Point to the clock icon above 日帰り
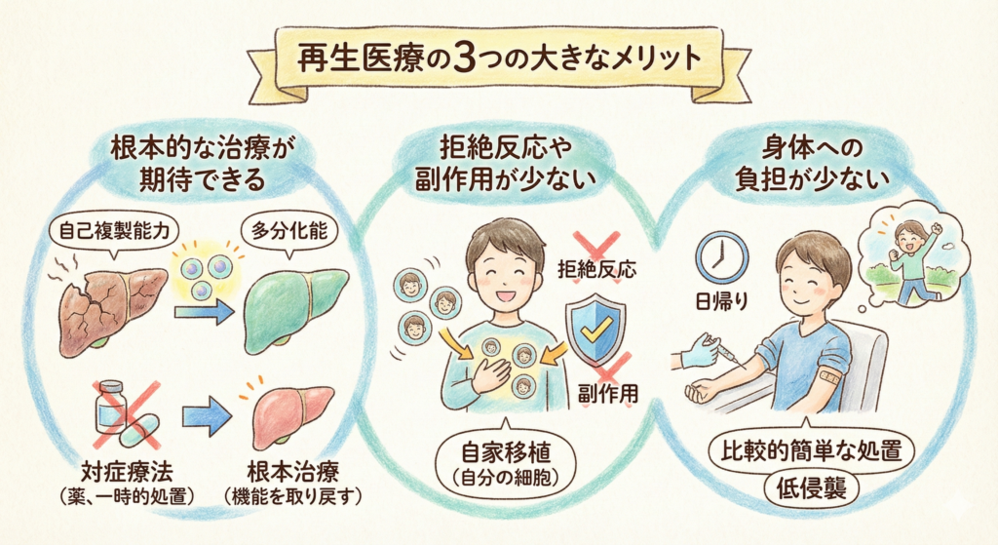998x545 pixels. (x=720, y=256)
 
